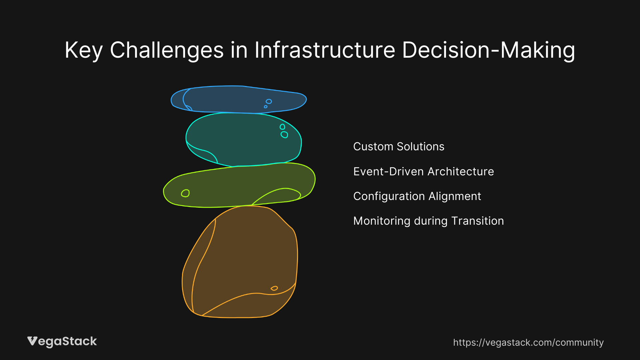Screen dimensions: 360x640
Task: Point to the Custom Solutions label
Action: tap(399, 147)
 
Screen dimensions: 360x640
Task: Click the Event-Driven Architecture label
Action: tap(423, 172)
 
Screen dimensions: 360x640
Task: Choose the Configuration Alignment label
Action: tap(417, 196)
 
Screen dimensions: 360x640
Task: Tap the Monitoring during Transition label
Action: tap(428, 221)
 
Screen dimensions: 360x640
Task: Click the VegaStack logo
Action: tap(62, 341)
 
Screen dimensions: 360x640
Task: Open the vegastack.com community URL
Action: tap(528, 343)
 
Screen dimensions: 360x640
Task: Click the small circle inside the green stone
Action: tap(185, 193)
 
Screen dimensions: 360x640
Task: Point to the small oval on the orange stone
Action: tap(274, 288)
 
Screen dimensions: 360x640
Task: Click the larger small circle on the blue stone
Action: tap(269, 101)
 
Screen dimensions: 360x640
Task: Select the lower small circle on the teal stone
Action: tap(284, 135)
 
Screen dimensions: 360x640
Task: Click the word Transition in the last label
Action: tap(477, 221)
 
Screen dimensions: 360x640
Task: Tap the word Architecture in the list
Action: tap(461, 172)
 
